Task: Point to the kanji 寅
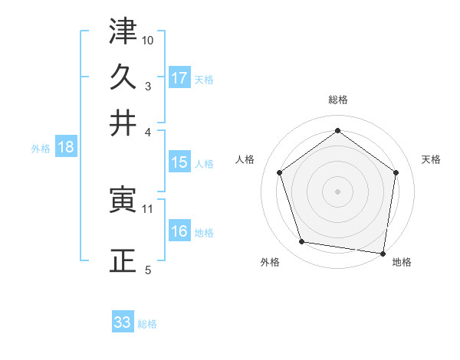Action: click(123, 201)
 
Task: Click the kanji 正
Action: click(123, 260)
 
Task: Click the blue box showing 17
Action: click(179, 77)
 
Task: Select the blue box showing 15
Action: click(179, 162)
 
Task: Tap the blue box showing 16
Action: click(179, 231)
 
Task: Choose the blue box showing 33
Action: click(123, 322)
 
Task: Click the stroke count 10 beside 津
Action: click(148, 39)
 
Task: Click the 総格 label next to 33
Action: click(147, 324)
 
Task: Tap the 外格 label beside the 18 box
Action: click(40, 149)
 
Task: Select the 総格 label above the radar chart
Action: click(337, 100)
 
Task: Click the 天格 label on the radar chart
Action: click(431, 159)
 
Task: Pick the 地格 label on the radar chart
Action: click(402, 263)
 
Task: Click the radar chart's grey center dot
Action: click(337, 191)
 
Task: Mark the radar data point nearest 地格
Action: click(383, 253)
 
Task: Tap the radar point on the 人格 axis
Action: click(280, 172)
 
